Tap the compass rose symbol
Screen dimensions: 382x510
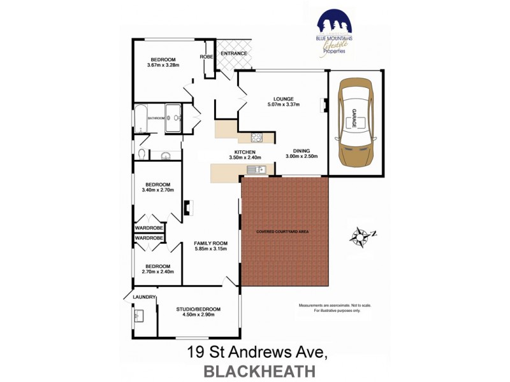point(361,236)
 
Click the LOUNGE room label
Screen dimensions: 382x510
point(283,99)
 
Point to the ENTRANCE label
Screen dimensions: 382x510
point(233,53)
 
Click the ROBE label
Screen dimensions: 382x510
point(206,57)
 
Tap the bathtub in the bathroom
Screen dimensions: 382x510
point(140,118)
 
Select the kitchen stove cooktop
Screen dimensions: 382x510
point(257,137)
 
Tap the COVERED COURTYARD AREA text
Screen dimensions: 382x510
point(282,231)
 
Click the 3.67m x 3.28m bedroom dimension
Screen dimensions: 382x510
point(163,65)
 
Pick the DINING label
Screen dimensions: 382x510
point(302,150)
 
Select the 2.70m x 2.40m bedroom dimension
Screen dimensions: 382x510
point(157,272)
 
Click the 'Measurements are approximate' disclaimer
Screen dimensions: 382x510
point(335,306)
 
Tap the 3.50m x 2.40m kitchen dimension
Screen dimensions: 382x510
point(245,157)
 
